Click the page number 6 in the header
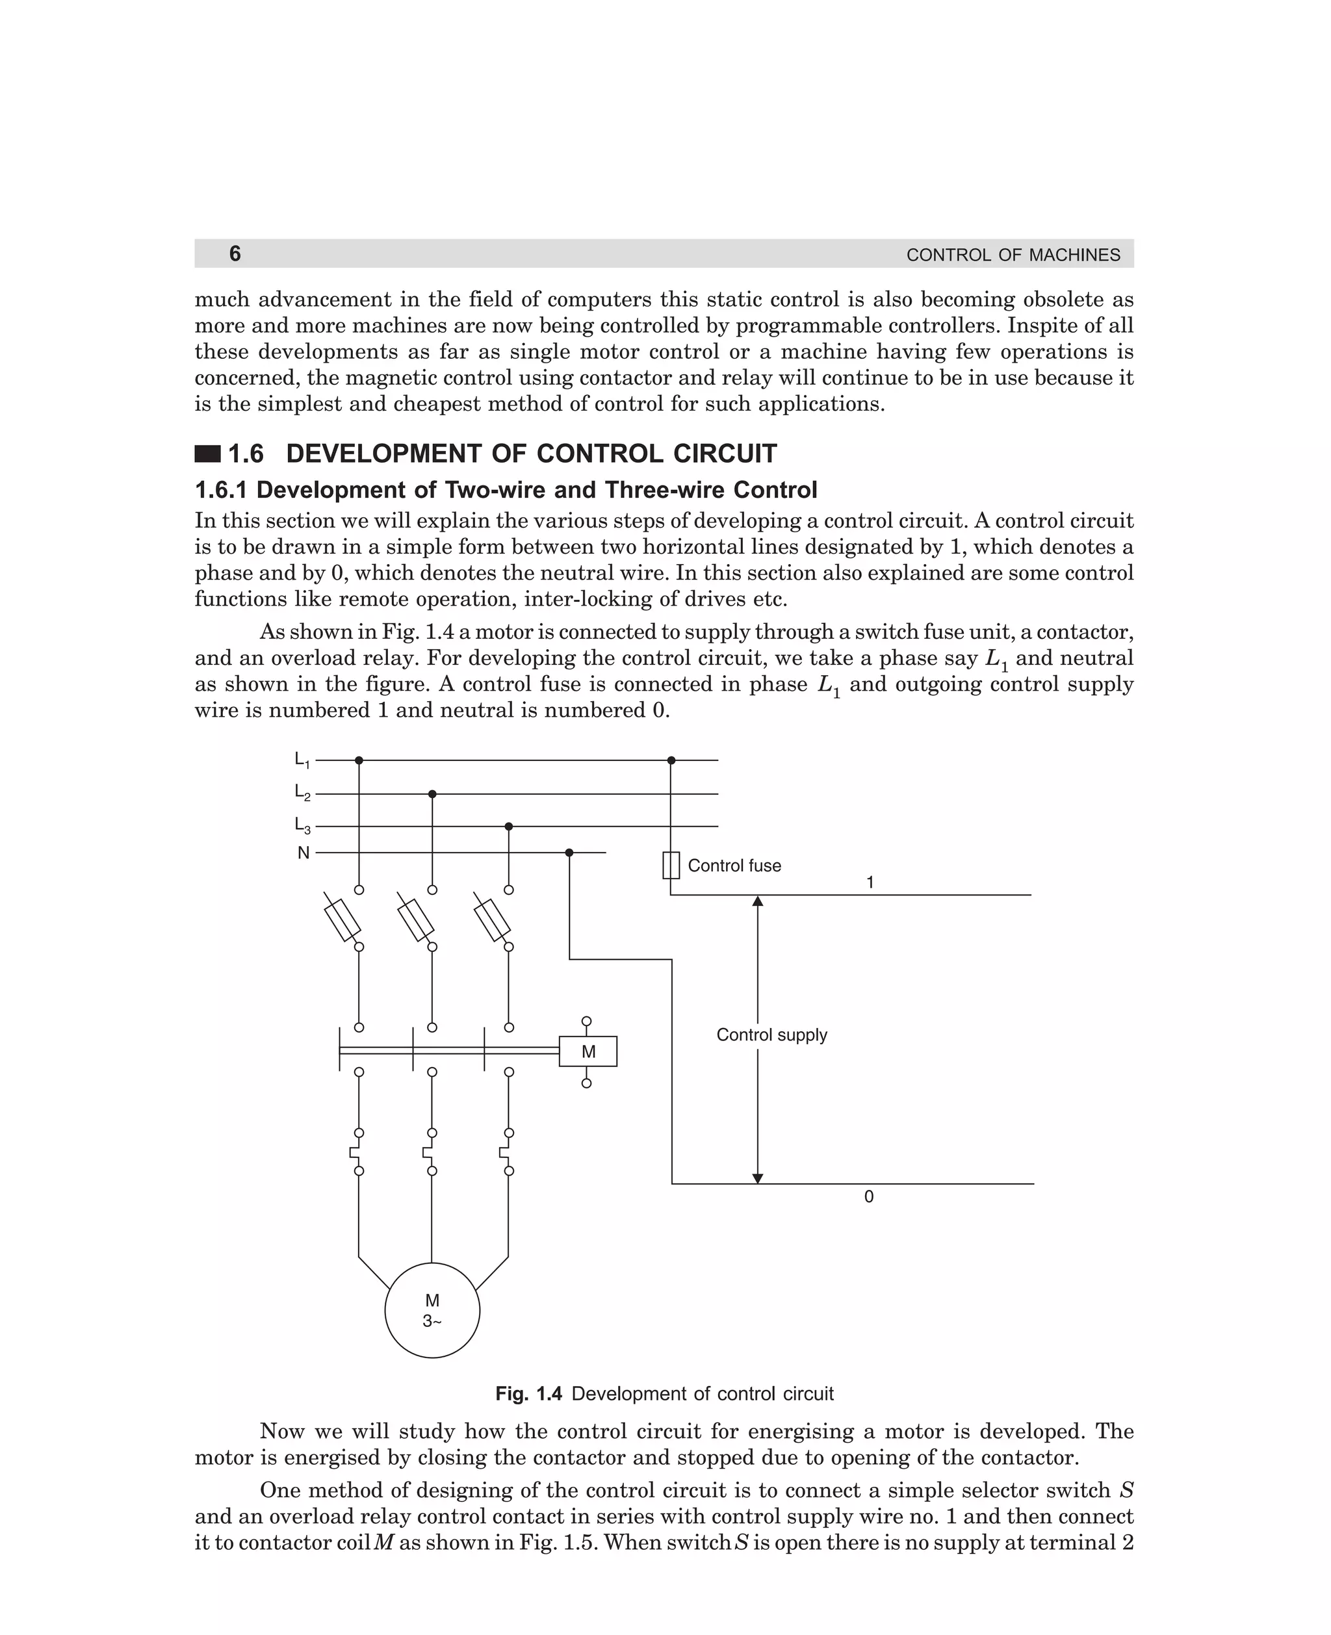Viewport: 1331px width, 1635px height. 235,253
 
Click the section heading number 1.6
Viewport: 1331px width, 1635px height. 246,454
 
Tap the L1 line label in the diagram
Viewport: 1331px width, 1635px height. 302,760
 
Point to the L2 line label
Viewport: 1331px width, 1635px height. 302,793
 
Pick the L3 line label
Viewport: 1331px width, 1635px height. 302,825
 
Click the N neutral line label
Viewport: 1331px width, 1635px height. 304,853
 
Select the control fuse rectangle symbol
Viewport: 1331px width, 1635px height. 671,866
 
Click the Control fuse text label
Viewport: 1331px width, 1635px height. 734,866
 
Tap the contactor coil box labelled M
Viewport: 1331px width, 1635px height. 588,1051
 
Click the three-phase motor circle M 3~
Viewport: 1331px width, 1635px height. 432,1310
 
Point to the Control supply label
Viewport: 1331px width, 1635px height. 771,1035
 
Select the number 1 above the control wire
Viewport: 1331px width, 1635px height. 870,882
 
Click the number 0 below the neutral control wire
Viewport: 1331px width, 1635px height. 869,1196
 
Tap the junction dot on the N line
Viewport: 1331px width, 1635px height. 569,853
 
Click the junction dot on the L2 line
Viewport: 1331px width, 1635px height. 432,794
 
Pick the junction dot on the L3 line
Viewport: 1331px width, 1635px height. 508,827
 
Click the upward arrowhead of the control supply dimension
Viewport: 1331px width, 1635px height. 758,901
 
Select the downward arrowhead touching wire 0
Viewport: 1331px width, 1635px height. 758,1178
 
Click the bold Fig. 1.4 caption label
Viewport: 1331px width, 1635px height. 528,1393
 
